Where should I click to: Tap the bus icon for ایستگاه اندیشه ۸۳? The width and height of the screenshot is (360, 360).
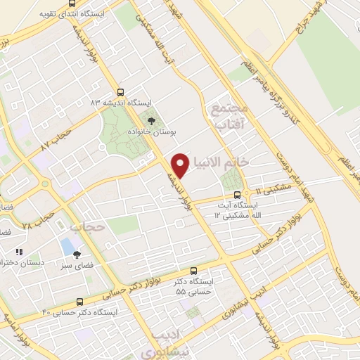[x=121, y=92]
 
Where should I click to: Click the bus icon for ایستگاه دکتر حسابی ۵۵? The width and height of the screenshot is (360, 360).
[x=194, y=271]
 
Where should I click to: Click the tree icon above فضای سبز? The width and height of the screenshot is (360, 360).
[x=77, y=255]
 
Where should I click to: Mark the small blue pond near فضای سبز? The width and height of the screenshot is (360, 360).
[x=67, y=246]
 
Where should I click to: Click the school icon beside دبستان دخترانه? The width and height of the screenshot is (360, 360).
[x=19, y=251]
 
